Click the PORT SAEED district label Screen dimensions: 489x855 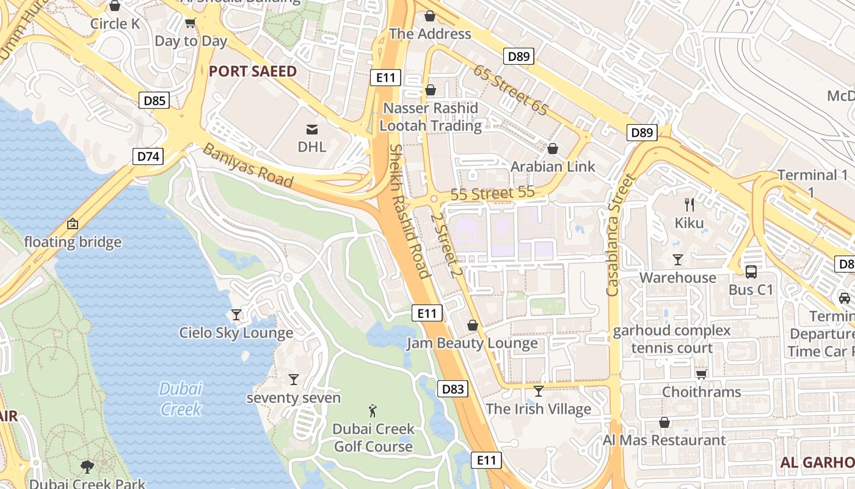coord(252,72)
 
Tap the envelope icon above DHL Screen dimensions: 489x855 coord(312,129)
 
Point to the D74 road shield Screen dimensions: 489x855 coord(148,156)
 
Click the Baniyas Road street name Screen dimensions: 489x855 coord(248,165)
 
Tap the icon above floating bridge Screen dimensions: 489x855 coord(73,224)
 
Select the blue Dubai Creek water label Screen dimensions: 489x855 coord(181,399)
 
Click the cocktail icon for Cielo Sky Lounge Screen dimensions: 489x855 coord(236,315)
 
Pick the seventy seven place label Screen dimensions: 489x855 coord(293,398)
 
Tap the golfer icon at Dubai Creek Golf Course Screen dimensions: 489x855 coord(373,411)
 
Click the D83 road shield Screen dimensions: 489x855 coord(453,389)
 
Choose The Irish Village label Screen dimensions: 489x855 coord(538,409)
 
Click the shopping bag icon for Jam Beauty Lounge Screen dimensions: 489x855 coord(472,325)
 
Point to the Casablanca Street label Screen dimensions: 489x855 coord(621,235)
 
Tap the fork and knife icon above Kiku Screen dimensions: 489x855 coord(689,205)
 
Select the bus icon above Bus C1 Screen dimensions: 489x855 coord(751,271)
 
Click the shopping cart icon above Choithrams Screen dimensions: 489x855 coord(702,373)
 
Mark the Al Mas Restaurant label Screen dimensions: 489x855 coord(664,440)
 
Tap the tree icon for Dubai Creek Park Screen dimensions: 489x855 coord(87,467)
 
